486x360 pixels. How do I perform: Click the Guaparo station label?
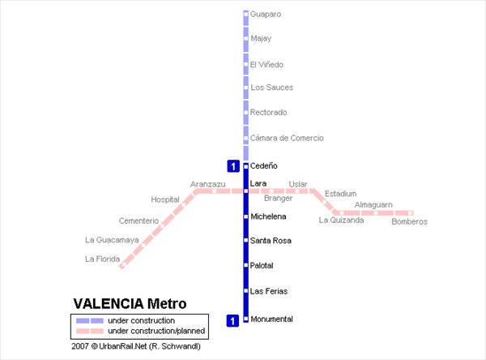click(266, 15)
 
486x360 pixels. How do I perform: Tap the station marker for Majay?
click(245, 38)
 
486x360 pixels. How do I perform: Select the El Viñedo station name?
click(266, 65)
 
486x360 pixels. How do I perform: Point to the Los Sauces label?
click(272, 88)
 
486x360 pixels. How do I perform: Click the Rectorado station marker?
click(245, 113)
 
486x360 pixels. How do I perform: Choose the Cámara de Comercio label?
click(287, 138)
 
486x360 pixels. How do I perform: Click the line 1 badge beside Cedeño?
click(233, 166)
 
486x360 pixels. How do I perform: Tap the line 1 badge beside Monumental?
click(232, 320)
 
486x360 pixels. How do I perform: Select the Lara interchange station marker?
click(245, 191)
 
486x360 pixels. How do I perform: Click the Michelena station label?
click(268, 216)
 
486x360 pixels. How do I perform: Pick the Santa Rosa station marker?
click(245, 240)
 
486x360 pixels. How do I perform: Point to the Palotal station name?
click(262, 265)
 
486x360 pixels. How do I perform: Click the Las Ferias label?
click(269, 291)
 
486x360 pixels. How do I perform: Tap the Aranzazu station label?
click(207, 184)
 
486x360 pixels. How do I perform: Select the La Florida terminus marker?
click(123, 264)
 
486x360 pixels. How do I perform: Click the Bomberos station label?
click(409, 221)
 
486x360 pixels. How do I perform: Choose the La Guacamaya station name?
click(112, 240)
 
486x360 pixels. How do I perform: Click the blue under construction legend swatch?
click(90, 320)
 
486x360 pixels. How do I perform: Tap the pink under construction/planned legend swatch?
click(90, 331)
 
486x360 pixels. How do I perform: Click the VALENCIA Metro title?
click(130, 303)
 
